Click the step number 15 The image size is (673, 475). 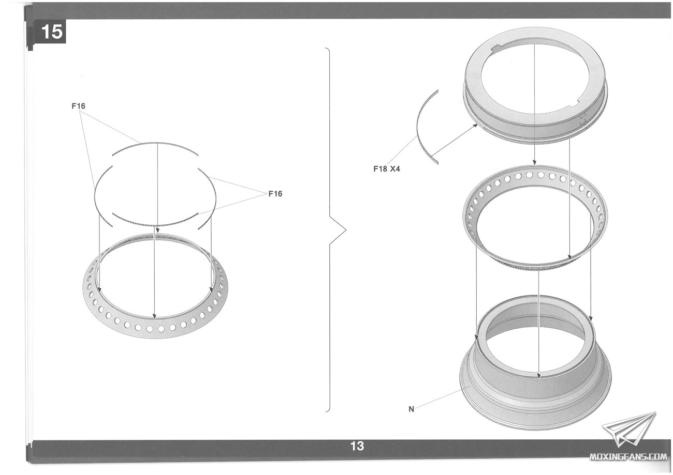coord(52,32)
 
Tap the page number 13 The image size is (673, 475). coord(357,446)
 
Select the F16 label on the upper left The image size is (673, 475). coord(78,106)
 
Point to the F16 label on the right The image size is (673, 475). coord(275,194)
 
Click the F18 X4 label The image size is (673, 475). coord(387,169)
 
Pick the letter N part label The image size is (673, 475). coord(412,409)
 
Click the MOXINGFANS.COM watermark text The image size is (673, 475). coord(628,456)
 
